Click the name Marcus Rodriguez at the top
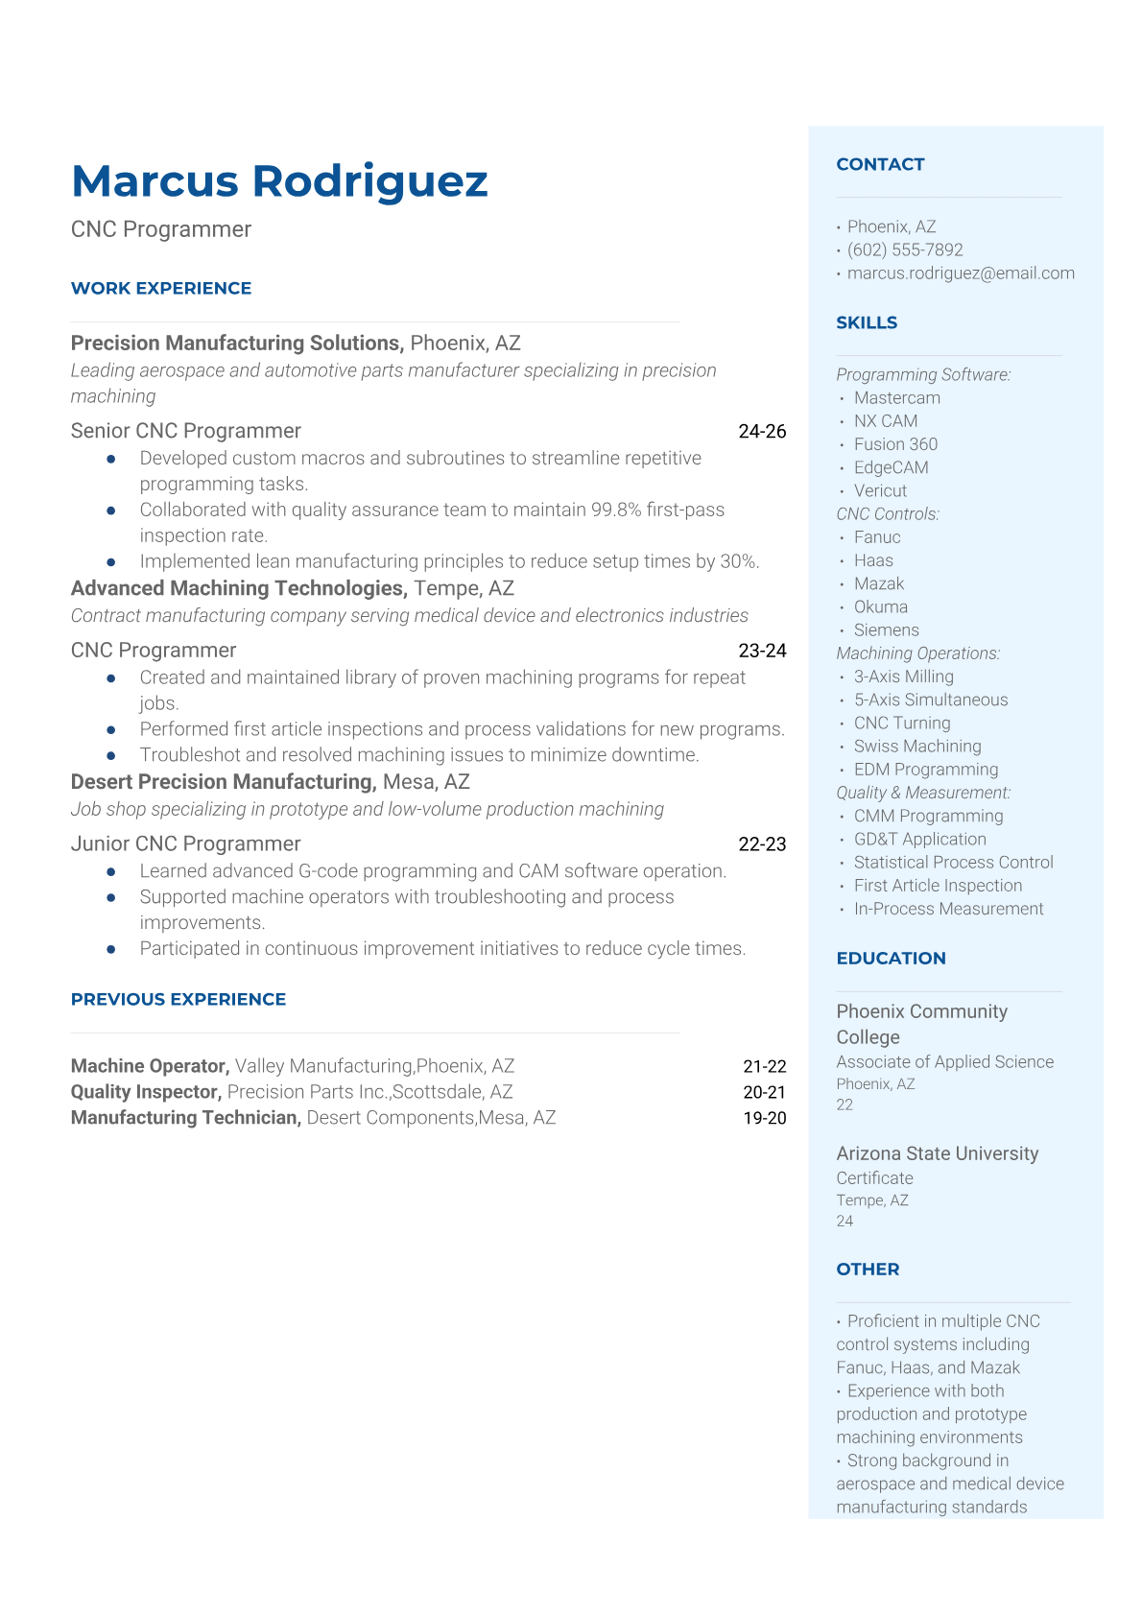tap(279, 180)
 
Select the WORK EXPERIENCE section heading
tap(161, 288)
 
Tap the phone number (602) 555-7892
tap(905, 249)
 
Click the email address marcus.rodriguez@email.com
tap(961, 273)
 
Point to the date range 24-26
tap(762, 432)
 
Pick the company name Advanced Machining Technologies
tap(239, 588)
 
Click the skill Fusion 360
tap(895, 444)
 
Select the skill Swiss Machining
tap(917, 746)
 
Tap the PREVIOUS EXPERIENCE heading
tap(178, 999)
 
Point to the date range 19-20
tap(764, 1118)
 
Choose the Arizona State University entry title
tap(937, 1153)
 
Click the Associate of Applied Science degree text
tap(944, 1062)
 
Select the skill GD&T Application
tap(919, 839)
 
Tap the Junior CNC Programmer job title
tap(185, 843)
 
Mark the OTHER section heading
tap(868, 1269)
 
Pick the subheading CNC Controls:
tap(888, 514)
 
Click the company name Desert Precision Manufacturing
tap(223, 782)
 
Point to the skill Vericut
tap(880, 490)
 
